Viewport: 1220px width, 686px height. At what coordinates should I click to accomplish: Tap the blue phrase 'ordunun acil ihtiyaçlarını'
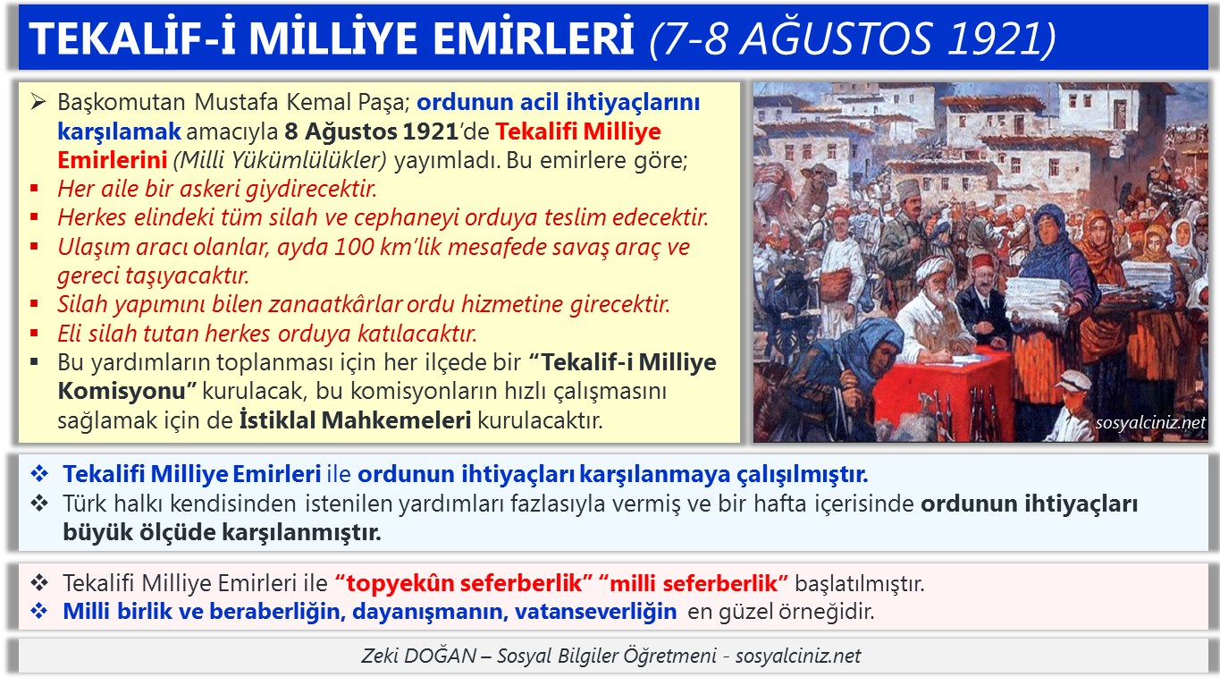click(x=558, y=102)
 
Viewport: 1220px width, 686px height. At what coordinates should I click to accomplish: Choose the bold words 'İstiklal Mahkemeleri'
click(x=355, y=419)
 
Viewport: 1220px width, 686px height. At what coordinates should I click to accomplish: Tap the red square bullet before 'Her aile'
click(x=35, y=190)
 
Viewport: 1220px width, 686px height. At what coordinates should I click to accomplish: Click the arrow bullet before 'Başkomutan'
click(x=37, y=102)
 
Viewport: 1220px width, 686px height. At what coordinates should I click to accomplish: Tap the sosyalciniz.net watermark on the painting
click(x=1149, y=423)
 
